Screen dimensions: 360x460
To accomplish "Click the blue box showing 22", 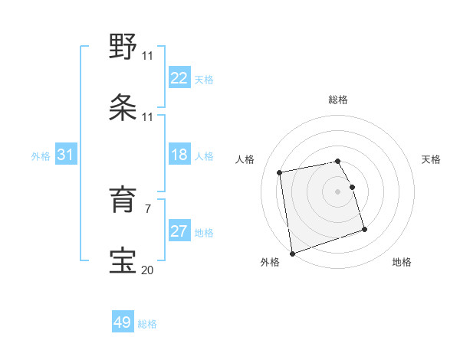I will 179,77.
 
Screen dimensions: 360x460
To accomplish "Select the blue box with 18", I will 179,155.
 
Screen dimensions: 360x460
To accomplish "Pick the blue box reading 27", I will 179,231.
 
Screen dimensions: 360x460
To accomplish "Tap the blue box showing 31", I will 66,155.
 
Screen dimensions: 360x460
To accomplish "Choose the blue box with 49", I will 123,322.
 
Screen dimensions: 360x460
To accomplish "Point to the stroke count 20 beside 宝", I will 147,269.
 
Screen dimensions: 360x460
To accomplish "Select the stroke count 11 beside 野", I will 147,56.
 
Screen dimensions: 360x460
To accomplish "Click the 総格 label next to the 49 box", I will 147,324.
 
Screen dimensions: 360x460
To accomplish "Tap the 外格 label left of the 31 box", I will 41,156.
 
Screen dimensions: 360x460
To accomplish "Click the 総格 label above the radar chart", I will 337,100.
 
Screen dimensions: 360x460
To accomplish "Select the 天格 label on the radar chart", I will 432,159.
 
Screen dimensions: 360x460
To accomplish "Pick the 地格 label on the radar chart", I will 402,262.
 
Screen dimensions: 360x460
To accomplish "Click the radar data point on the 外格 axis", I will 291,254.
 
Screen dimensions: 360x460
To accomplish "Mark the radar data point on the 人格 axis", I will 280,172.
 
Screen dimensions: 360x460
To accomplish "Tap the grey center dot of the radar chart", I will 337,191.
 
